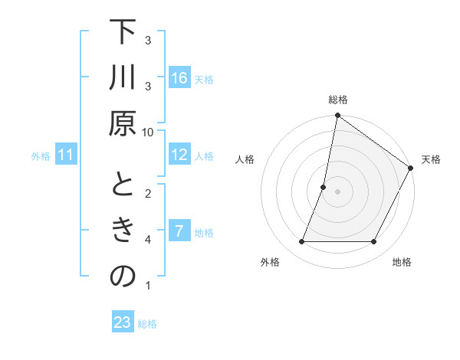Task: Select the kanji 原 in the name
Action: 123,123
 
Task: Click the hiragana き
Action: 123,231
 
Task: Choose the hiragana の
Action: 123,277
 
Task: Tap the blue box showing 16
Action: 179,77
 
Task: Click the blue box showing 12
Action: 179,155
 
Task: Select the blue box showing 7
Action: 179,231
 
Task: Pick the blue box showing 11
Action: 66,155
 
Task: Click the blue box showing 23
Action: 123,322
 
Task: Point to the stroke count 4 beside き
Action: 148,240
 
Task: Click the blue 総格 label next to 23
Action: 148,324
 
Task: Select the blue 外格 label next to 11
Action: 41,156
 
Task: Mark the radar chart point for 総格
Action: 337,116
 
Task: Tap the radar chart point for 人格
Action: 324,187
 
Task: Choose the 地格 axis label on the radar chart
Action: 402,262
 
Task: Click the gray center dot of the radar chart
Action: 337,191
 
